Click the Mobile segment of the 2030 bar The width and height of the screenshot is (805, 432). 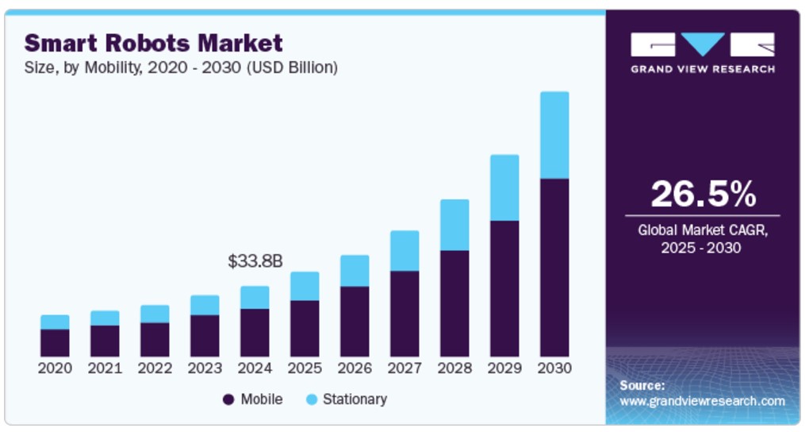point(554,267)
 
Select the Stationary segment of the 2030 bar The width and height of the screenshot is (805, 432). point(554,135)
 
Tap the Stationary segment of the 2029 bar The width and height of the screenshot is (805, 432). point(504,187)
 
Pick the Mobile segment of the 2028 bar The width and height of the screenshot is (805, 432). point(454,303)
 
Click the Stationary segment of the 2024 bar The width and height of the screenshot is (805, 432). point(255,297)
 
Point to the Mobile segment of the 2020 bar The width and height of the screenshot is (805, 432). point(55,342)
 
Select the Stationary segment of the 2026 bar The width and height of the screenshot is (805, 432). point(355,271)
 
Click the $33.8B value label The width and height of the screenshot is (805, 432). point(255,260)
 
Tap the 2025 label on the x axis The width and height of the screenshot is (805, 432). point(305,368)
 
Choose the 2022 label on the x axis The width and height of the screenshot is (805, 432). point(155,368)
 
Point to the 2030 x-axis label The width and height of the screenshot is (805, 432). point(554,368)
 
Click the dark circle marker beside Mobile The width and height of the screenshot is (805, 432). point(229,399)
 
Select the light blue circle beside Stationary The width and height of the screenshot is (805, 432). point(311,399)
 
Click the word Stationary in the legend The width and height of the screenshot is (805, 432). point(355,399)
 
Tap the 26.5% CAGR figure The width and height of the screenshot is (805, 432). point(703,195)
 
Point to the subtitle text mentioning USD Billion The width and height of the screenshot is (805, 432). point(181,67)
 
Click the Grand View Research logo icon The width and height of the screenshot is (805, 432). point(702,44)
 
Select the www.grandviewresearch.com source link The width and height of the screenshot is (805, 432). point(702,401)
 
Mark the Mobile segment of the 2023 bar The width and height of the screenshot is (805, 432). point(205,335)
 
